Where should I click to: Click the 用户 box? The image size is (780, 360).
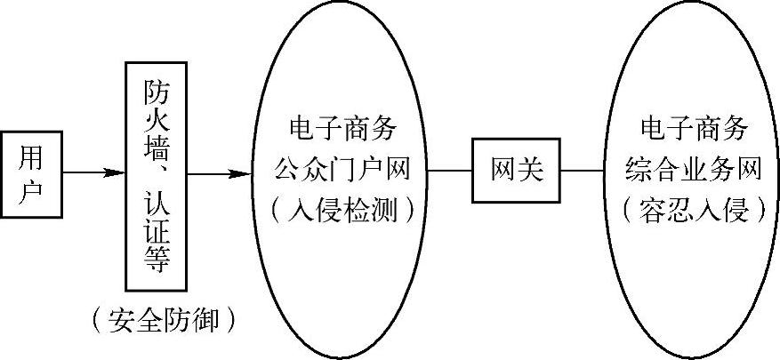pyautogui.click(x=31, y=173)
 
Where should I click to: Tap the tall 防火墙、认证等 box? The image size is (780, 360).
pyautogui.click(x=157, y=176)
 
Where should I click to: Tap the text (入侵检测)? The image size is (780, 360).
pyautogui.click(x=342, y=211)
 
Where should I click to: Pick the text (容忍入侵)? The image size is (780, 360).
pyautogui.click(x=695, y=211)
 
